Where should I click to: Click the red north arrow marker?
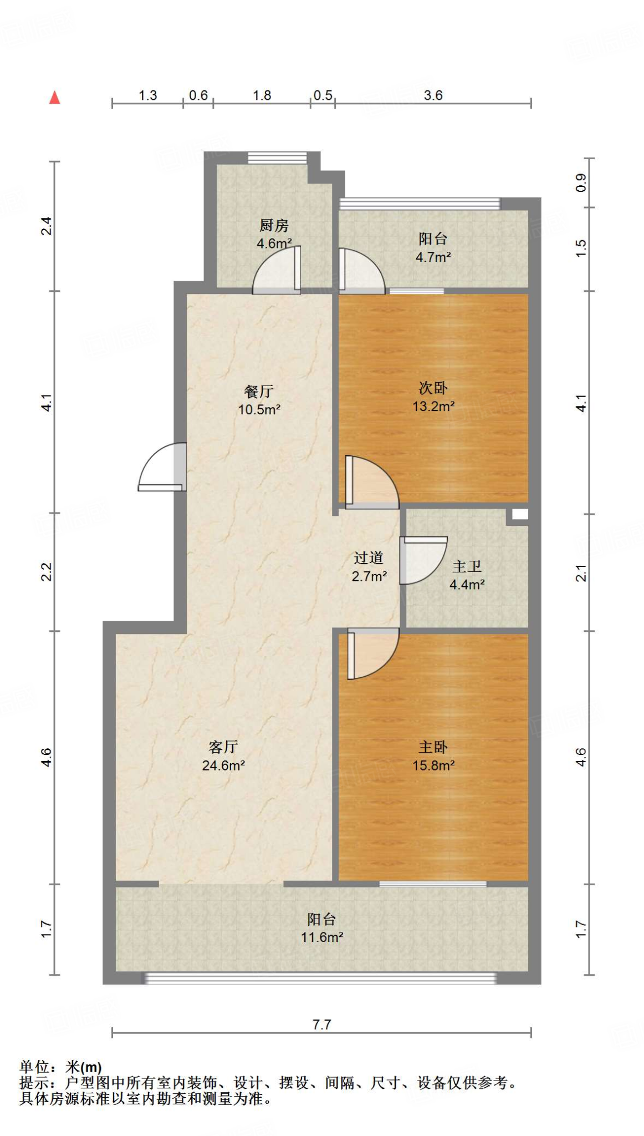coord(54,98)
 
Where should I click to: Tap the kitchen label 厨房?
coord(274,226)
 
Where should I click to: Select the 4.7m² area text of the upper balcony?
coord(433,257)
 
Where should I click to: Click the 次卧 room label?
coord(433,388)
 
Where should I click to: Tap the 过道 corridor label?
coord(369,558)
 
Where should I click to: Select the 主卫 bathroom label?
coord(467,566)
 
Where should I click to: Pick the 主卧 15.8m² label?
coord(433,756)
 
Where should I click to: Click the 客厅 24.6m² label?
coord(223,756)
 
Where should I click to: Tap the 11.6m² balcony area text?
coord(322,937)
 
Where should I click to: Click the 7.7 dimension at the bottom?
coord(322,1025)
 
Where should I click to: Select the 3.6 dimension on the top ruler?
coord(433,95)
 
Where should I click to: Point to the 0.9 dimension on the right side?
coord(581,182)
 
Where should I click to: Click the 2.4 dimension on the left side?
coord(47,226)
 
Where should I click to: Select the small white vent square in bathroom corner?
coord(519,514)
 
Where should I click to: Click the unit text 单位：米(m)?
coord(61,1067)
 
